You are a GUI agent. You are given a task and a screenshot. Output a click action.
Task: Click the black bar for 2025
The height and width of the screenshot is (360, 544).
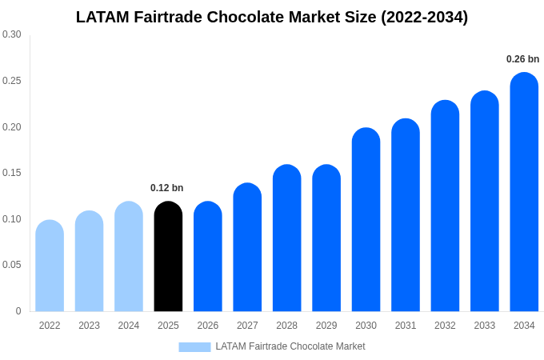(168, 257)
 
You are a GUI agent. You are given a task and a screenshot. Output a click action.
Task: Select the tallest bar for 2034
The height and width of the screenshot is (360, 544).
(524, 192)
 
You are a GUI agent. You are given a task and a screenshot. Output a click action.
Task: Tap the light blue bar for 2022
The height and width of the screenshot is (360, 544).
(50, 266)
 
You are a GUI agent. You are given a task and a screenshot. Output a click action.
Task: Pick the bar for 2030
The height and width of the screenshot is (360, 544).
(366, 220)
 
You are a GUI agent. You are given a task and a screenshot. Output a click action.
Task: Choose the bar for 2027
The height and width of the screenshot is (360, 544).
(247, 247)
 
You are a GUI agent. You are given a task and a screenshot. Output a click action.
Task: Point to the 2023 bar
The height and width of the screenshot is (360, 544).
(89, 262)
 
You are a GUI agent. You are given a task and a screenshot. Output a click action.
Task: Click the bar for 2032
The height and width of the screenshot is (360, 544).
(445, 206)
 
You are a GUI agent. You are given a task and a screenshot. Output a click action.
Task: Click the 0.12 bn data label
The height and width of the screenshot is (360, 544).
(166, 188)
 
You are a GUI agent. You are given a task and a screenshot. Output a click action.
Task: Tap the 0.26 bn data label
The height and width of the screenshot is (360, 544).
(522, 59)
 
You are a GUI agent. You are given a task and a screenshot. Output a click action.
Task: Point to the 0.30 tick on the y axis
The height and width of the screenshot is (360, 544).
(12, 34)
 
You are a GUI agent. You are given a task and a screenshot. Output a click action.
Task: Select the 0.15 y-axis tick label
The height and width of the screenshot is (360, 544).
(12, 173)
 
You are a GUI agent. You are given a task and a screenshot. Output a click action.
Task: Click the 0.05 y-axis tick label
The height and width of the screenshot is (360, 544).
(12, 265)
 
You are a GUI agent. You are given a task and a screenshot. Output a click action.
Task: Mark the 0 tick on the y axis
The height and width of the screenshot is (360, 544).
(18, 311)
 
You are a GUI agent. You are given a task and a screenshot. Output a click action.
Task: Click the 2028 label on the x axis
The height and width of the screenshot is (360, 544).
(286, 326)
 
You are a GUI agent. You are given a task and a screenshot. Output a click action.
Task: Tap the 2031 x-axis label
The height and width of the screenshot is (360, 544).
(406, 326)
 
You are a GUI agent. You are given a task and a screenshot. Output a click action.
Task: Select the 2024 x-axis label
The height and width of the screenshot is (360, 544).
(129, 326)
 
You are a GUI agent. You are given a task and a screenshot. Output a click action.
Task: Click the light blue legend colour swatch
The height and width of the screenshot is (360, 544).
(194, 347)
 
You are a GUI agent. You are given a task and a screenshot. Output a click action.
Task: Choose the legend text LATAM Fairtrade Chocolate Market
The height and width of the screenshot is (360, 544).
(290, 346)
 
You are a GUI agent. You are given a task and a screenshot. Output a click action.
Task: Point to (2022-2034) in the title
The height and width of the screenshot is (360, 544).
(424, 17)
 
